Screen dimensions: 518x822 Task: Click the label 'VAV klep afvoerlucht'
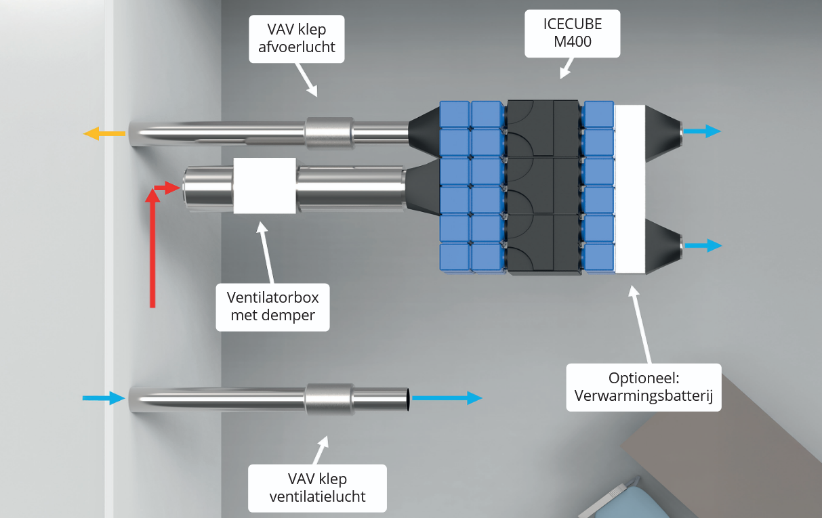(297, 38)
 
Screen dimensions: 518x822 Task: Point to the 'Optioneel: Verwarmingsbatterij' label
(643, 387)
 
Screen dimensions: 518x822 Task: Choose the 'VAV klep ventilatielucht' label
(317, 488)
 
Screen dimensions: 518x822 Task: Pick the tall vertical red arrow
(152, 251)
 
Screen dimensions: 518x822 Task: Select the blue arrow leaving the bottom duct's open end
(447, 398)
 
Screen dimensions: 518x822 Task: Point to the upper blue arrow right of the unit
(701, 131)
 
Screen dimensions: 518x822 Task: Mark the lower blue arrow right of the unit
(701, 245)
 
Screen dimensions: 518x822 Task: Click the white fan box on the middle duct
(264, 186)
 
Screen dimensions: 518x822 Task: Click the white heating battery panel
(630, 188)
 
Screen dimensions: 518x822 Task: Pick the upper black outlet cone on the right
(661, 133)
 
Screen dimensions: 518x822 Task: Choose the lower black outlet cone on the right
(661, 246)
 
